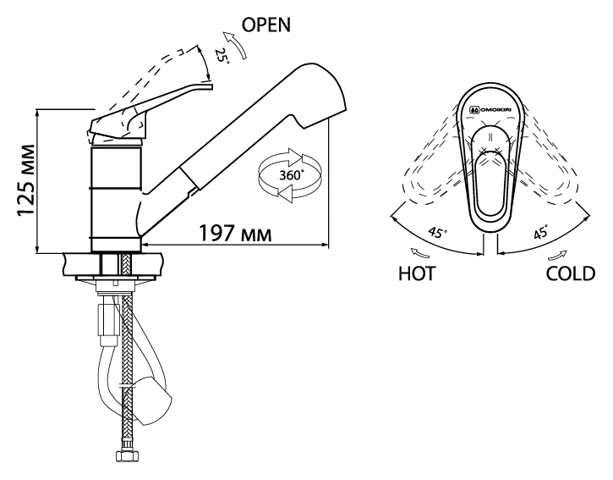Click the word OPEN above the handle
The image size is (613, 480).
coord(266,25)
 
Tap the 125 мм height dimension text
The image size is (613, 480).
coord(26,181)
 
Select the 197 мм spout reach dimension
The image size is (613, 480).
coord(235,234)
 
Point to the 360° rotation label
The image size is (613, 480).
coord(292,174)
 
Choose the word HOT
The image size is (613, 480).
coord(417,273)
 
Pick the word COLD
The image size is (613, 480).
coord(571,273)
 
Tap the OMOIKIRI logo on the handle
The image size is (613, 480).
coord(490,110)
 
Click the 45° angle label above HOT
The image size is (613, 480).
coord(437,232)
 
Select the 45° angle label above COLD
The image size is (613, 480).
coord(540,233)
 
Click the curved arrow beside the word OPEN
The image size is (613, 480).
coord(235,45)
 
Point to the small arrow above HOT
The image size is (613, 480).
coord(419,253)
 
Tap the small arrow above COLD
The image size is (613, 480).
coord(557,255)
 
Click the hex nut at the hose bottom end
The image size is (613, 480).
coord(126,455)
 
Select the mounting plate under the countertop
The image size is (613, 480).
coord(116,278)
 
